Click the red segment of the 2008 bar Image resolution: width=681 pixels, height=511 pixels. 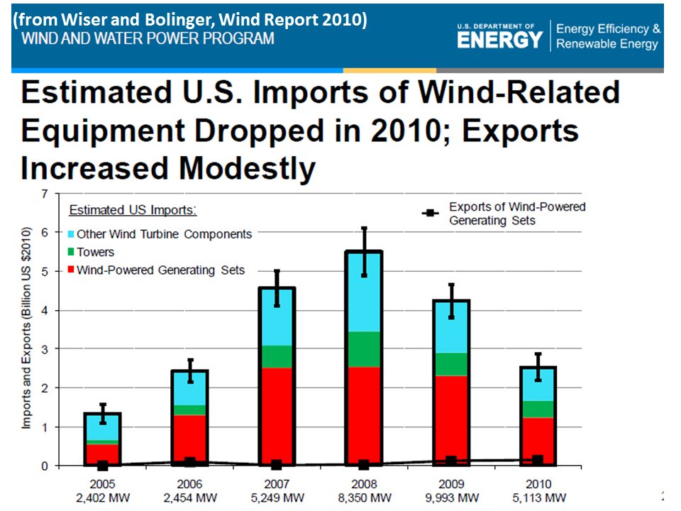pyautogui.click(x=364, y=415)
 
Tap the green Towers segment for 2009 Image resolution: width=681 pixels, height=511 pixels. pyautogui.click(x=450, y=364)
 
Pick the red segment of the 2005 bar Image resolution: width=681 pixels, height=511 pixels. pyautogui.click(x=102, y=454)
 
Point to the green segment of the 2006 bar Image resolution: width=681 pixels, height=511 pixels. pyautogui.click(x=189, y=410)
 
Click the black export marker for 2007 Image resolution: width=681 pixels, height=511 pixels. pyautogui.click(x=277, y=464)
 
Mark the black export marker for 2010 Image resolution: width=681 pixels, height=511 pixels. pyautogui.click(x=538, y=461)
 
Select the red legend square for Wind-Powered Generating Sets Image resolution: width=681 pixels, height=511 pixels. pyautogui.click(x=71, y=270)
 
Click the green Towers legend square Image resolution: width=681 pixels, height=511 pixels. pyautogui.click(x=71, y=252)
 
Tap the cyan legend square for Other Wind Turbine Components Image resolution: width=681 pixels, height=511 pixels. pyautogui.click(x=71, y=233)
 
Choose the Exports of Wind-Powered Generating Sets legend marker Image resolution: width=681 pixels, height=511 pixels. pyautogui.click(x=428, y=213)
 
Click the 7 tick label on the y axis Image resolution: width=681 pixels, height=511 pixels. pyautogui.click(x=45, y=193)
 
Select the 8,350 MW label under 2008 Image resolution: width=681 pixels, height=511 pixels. pyautogui.click(x=363, y=497)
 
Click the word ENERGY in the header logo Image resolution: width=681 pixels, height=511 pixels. pyautogui.click(x=499, y=40)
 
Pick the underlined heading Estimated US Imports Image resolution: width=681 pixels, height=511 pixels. pyautogui.click(x=133, y=211)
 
